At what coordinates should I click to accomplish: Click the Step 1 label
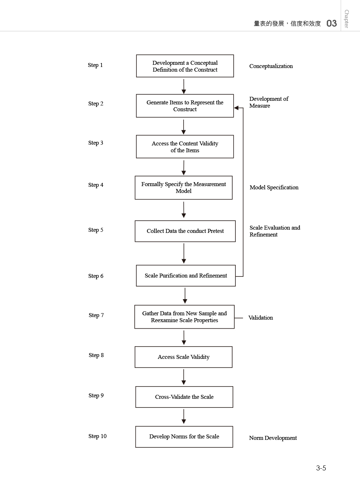click(95, 65)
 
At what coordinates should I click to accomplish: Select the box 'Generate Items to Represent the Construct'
click(185, 106)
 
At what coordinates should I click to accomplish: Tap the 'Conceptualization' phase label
click(271, 66)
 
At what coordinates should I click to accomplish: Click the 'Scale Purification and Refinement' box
click(186, 276)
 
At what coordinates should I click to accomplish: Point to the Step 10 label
click(98, 436)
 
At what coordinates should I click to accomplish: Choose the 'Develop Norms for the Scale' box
click(184, 437)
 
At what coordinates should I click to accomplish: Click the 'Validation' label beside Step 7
click(261, 318)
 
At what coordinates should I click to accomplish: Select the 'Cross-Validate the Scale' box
click(184, 397)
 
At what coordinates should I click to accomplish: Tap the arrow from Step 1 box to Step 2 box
click(184, 86)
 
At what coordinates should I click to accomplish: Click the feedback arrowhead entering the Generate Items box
click(236, 108)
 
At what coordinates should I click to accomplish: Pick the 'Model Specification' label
click(274, 188)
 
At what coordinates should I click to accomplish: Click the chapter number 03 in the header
click(332, 23)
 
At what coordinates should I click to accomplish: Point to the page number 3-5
click(321, 468)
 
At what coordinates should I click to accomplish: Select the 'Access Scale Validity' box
click(184, 357)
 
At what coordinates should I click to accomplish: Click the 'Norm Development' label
click(273, 438)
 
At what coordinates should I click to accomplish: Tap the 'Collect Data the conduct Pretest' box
click(185, 231)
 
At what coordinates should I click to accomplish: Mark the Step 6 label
click(96, 276)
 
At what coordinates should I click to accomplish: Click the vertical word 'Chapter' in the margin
click(347, 19)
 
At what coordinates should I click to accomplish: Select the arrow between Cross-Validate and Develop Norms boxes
click(184, 416)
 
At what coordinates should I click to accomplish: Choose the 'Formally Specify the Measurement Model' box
click(184, 188)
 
